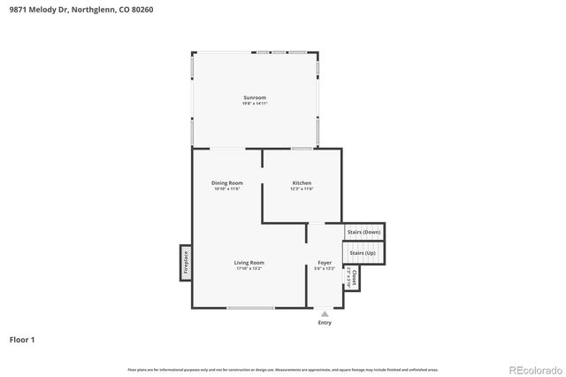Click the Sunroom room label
coord(255,97)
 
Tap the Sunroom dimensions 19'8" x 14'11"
coord(255,104)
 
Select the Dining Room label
coord(226,183)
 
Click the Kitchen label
coord(302,183)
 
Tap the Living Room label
coord(249,263)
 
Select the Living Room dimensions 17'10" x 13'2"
coord(249,269)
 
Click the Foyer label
coord(325,263)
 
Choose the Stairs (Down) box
coord(364,232)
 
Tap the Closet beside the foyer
coord(353,278)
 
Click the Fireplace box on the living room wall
coord(186,263)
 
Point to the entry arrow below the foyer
coord(325,313)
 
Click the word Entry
coord(325,323)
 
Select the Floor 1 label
coord(22,339)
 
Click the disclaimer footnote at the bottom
coord(283,369)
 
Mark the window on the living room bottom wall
coord(250,308)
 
